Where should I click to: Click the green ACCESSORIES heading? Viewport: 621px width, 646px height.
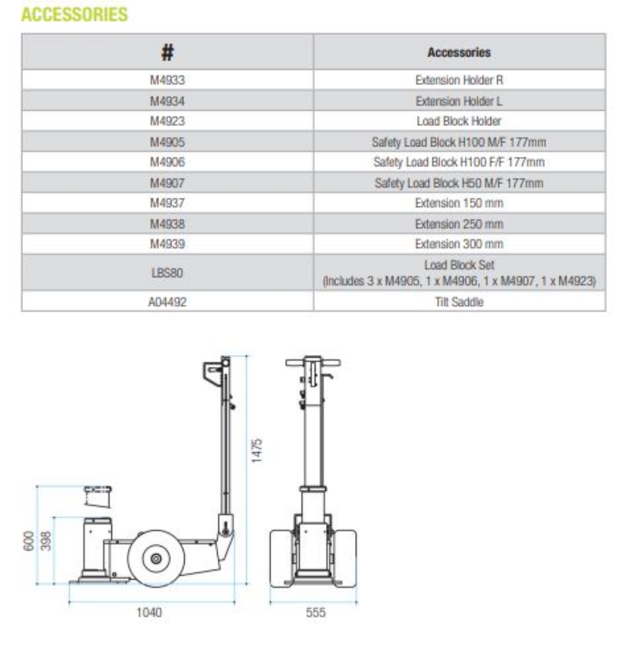[x=75, y=14]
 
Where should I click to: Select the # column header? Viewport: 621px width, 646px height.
[x=167, y=52]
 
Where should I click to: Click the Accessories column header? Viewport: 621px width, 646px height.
[x=459, y=52]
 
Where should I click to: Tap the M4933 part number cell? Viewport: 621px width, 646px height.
[x=167, y=80]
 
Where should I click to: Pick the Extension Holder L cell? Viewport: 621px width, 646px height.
[x=459, y=101]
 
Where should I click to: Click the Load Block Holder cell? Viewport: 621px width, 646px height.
[x=459, y=121]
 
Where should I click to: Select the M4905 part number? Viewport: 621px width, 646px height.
[x=167, y=142]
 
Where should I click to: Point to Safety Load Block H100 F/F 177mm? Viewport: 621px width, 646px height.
[x=459, y=162]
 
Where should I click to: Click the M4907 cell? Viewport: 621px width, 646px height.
[x=167, y=183]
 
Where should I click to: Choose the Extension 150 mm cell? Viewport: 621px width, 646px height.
[x=459, y=203]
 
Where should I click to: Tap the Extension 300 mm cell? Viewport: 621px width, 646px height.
[x=459, y=243]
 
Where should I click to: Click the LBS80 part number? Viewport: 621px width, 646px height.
[x=167, y=273]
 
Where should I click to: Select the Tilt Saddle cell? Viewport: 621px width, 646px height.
[x=459, y=302]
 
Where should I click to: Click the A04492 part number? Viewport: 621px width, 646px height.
[x=167, y=302]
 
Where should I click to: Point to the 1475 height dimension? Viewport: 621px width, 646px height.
[x=257, y=450]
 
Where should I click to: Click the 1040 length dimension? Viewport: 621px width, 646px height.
[x=149, y=612]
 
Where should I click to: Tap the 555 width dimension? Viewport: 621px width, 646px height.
[x=315, y=612]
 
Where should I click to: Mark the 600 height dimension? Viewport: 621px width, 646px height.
[x=29, y=541]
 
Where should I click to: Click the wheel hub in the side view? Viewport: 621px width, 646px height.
[x=156, y=559]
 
